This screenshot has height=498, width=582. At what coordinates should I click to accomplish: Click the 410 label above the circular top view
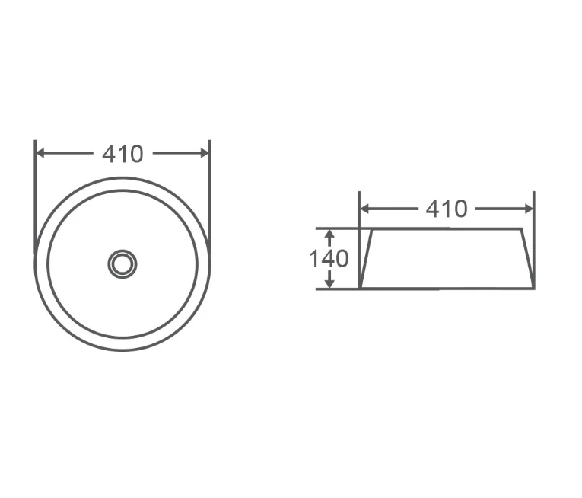(x=122, y=154)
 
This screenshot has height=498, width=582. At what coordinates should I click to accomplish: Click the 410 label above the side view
(x=447, y=209)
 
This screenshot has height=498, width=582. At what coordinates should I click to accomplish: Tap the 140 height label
(x=329, y=259)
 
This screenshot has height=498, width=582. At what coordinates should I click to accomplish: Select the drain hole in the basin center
(x=122, y=263)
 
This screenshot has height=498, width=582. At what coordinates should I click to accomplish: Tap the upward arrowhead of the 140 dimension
(x=329, y=233)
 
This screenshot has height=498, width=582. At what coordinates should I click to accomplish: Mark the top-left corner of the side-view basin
(x=371, y=228)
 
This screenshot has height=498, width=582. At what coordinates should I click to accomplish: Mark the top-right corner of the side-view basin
(x=522, y=228)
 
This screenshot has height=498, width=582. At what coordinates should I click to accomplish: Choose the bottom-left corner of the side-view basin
(x=360, y=289)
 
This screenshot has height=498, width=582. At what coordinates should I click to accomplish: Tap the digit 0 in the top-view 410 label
(x=135, y=154)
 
